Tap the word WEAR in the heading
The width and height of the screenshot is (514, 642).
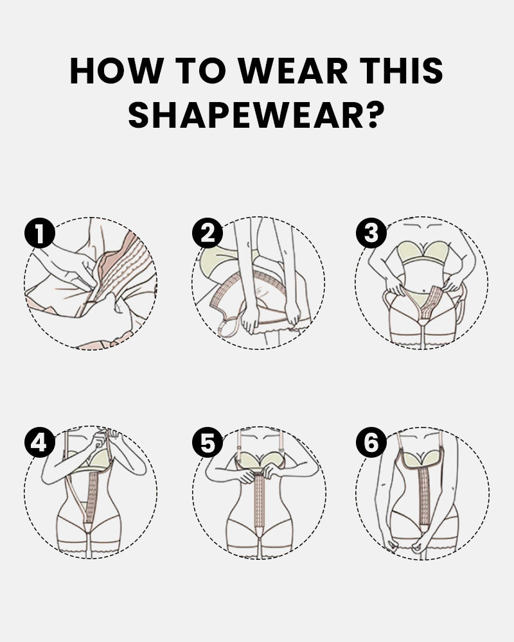click(x=293, y=71)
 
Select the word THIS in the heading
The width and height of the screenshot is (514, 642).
click(x=402, y=71)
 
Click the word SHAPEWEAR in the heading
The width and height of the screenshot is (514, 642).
click(x=245, y=115)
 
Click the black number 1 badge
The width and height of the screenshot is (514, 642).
click(x=39, y=233)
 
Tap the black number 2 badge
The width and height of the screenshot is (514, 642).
click(x=208, y=233)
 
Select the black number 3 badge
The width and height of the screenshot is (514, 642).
click(x=371, y=233)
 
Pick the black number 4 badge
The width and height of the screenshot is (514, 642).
click(x=39, y=442)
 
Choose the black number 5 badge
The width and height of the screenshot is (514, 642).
click(x=208, y=442)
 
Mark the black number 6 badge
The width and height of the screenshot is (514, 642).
click(x=371, y=442)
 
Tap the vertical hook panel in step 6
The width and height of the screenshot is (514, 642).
click(x=423, y=496)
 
